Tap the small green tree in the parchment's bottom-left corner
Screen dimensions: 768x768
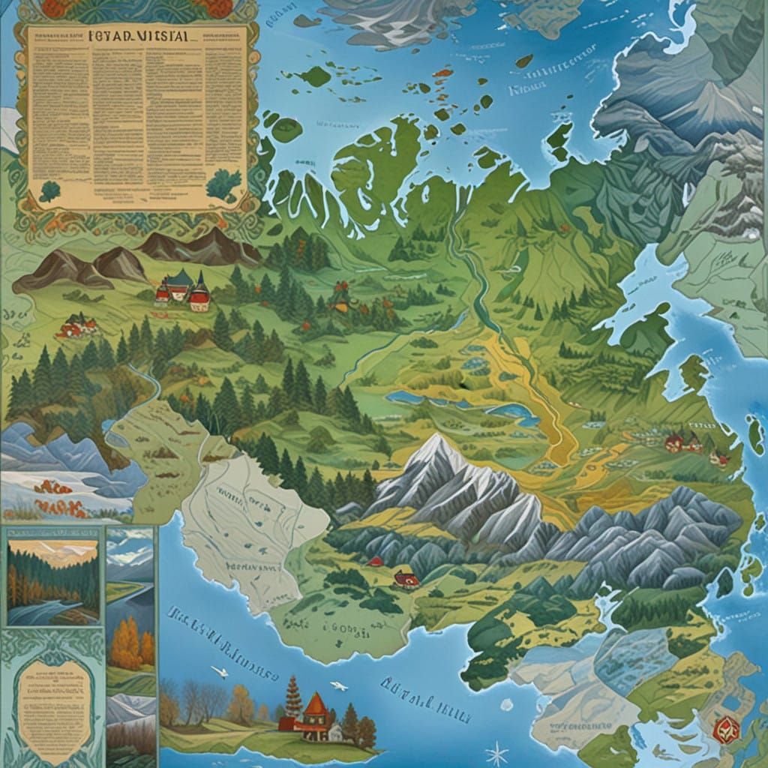coord(50,191)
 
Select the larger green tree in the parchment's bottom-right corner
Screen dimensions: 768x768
coord(223,184)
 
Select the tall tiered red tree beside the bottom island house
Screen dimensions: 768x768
coord(293,697)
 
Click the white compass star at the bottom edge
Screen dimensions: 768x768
coord(496,752)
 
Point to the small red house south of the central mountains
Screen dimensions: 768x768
coord(406,578)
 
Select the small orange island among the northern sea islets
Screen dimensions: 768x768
coord(445,73)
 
